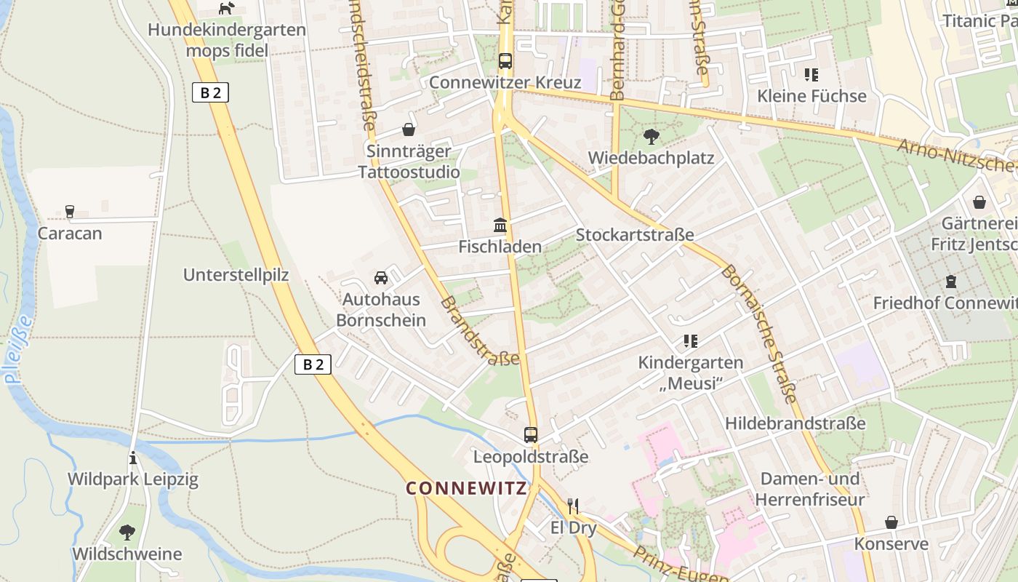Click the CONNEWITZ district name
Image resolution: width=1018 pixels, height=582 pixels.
tap(466, 488)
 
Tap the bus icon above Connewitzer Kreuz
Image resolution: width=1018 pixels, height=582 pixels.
tap(505, 61)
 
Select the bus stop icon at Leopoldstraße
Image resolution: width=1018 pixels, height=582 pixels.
tap(531, 435)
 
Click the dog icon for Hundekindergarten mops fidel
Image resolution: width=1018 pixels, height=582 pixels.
tap(227, 9)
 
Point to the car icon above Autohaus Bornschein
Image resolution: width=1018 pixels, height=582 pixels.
tap(380, 278)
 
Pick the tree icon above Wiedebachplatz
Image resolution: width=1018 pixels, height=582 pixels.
tap(651, 136)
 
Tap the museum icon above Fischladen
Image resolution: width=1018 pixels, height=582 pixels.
tap(500, 225)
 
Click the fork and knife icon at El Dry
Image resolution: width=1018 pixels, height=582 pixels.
tap(573, 506)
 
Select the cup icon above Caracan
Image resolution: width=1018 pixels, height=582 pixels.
tap(70, 212)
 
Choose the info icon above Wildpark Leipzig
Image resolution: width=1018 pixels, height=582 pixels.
tap(132, 458)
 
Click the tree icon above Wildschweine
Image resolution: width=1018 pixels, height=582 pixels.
tap(127, 533)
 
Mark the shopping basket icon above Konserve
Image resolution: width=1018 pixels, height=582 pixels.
tap(891, 522)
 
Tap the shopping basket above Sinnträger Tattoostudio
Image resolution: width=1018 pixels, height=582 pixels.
tap(409, 129)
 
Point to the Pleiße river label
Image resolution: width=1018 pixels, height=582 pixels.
tap(18, 349)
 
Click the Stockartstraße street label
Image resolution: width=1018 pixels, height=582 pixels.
tap(634, 234)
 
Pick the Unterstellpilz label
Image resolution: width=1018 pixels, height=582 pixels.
tap(236, 275)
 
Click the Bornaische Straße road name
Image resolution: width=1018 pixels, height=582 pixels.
tap(759, 333)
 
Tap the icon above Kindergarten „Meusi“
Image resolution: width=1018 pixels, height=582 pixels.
tap(690, 340)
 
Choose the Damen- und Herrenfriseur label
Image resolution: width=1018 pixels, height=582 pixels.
tap(809, 489)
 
